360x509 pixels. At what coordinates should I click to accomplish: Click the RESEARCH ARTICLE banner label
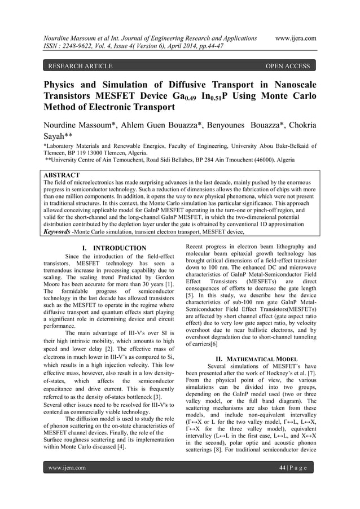(x=81, y=67)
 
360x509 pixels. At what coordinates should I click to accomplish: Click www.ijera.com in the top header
(x=293, y=38)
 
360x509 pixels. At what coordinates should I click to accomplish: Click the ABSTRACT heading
(x=62, y=175)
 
